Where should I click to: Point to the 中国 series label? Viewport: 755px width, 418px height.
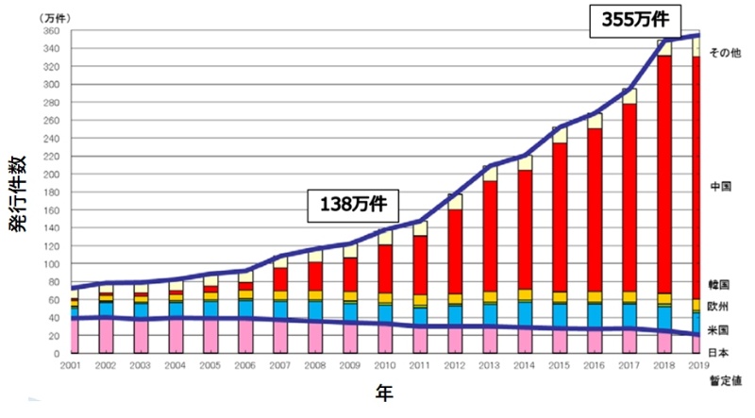pyautogui.click(x=721, y=187)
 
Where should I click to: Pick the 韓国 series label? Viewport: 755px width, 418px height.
pyautogui.click(x=721, y=284)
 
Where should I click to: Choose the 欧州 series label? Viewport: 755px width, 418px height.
pyautogui.click(x=721, y=306)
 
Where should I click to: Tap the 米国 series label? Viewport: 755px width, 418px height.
pyautogui.click(x=721, y=330)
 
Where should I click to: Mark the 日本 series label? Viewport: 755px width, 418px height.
pyautogui.click(x=721, y=351)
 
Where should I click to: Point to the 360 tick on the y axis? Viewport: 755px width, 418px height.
pyautogui.click(x=54, y=30)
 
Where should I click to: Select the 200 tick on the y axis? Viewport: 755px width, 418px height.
pyautogui.click(x=54, y=175)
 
